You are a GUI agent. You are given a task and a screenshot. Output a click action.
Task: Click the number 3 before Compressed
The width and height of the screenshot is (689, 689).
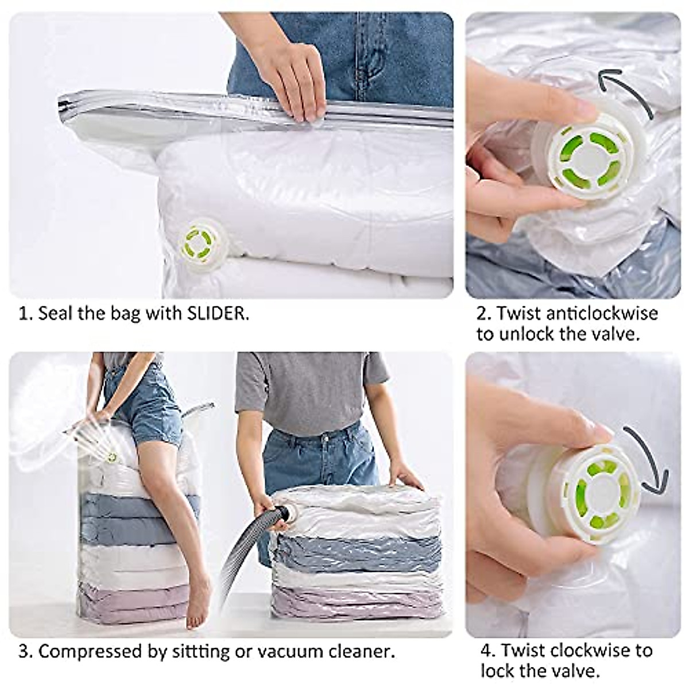click(x=24, y=652)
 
